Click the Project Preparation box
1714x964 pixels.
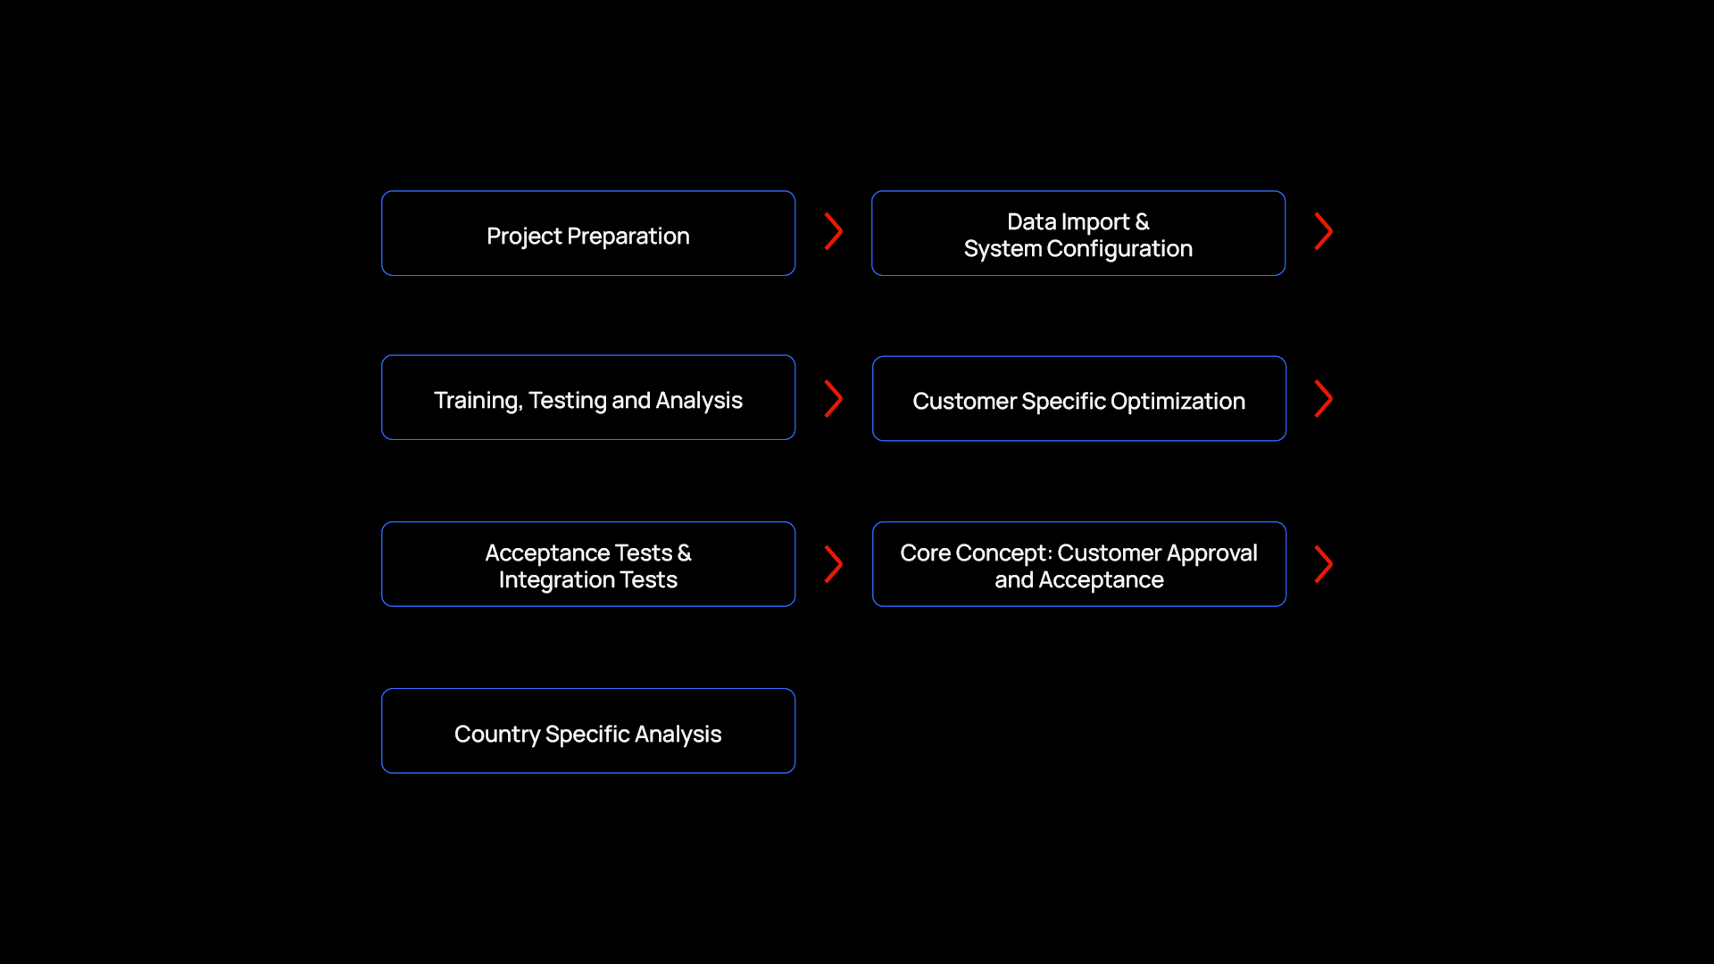coord(588,233)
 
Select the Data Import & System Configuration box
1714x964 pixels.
coord(1078,233)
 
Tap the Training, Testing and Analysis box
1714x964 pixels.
coord(588,397)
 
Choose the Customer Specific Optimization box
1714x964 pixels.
coord(1079,398)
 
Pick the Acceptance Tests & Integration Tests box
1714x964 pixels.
coord(588,564)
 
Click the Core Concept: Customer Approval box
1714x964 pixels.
coord(1079,564)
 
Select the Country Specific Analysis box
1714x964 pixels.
coord(588,731)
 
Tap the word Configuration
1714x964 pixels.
coord(1119,249)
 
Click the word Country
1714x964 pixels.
coord(497,735)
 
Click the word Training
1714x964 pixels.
coord(478,401)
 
